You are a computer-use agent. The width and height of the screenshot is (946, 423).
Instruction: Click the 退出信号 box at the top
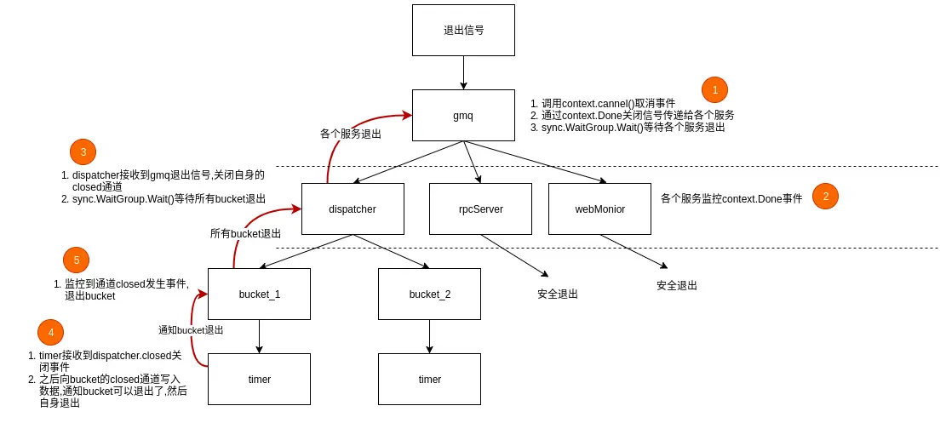(x=463, y=30)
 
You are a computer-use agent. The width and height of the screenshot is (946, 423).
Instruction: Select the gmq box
(x=463, y=115)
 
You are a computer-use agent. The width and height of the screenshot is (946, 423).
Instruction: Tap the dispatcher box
(x=353, y=209)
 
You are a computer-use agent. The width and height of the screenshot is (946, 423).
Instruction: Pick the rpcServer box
(x=480, y=209)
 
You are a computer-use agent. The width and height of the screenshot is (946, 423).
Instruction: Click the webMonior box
(x=599, y=209)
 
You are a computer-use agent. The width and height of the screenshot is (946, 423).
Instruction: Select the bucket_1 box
(x=259, y=294)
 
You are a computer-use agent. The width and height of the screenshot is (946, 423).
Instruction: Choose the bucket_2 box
(x=429, y=294)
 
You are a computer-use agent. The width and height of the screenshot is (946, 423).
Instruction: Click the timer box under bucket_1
(x=259, y=379)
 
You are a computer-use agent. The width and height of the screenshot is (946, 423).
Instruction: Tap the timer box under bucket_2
(x=429, y=379)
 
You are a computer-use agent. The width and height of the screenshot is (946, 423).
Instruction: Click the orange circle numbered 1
(x=714, y=89)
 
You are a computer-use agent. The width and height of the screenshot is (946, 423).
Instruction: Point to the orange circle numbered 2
(x=825, y=196)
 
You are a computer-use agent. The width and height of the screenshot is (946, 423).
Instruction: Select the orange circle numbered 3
(x=83, y=152)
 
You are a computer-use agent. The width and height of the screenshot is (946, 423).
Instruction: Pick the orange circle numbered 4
(x=50, y=332)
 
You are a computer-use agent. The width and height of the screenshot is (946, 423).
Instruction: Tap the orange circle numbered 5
(x=76, y=260)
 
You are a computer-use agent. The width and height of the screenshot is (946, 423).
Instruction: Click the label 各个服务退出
(x=351, y=134)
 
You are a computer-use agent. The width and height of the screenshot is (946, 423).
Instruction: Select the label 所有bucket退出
(x=245, y=233)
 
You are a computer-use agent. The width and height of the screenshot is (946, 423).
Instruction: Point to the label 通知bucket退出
(x=191, y=329)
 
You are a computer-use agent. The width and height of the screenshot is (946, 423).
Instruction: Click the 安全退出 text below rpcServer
(x=558, y=294)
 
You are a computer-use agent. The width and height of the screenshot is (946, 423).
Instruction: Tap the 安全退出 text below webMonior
(x=677, y=285)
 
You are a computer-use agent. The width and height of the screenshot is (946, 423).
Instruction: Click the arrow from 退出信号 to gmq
(x=463, y=72)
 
